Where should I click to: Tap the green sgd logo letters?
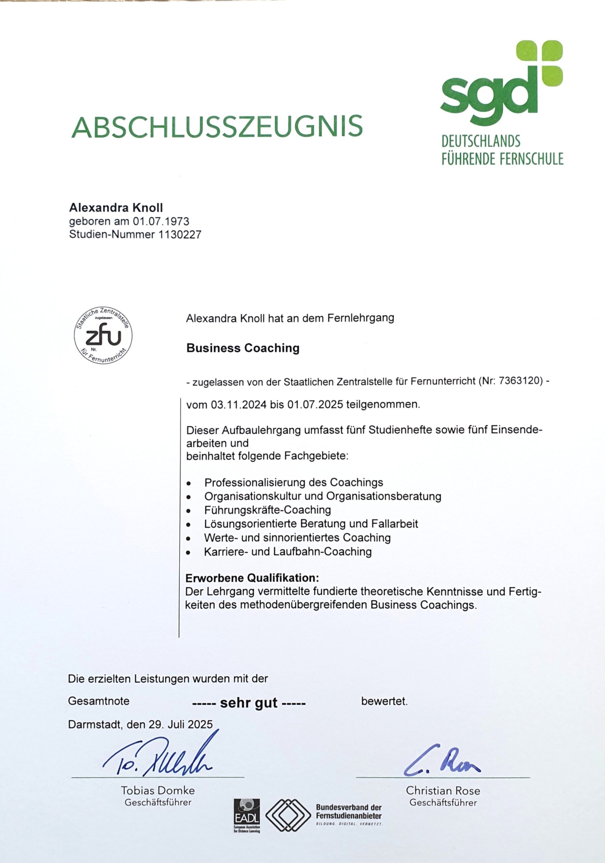point(487,92)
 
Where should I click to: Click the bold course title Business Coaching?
point(243,348)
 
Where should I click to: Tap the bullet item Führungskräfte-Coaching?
point(268,510)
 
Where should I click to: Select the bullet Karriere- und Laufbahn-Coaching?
point(288,552)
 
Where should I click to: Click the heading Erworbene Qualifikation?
point(252,577)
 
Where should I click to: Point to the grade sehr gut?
point(249,703)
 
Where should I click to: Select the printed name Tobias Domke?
point(158,791)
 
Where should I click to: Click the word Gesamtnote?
point(99,701)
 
